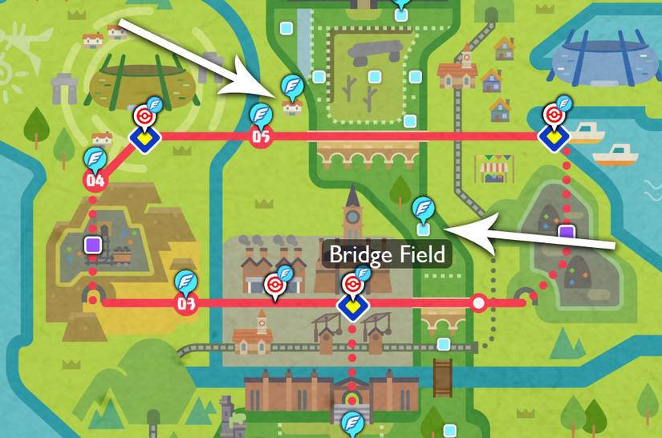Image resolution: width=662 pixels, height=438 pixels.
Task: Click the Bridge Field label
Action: tap(388, 255)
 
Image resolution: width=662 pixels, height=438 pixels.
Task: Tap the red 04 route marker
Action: tap(95, 180)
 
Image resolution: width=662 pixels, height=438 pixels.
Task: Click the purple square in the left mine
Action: tap(93, 244)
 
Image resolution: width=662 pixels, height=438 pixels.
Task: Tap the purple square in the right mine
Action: tap(567, 233)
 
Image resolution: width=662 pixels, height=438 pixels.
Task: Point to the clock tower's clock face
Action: tap(351, 216)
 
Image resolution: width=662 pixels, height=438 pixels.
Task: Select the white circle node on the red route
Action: tap(479, 303)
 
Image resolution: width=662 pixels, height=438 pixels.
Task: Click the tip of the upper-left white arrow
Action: tap(278, 95)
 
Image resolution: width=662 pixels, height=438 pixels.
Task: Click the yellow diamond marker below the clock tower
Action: tap(351, 307)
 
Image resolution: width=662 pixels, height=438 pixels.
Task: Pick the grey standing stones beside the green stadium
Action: tap(64, 87)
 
